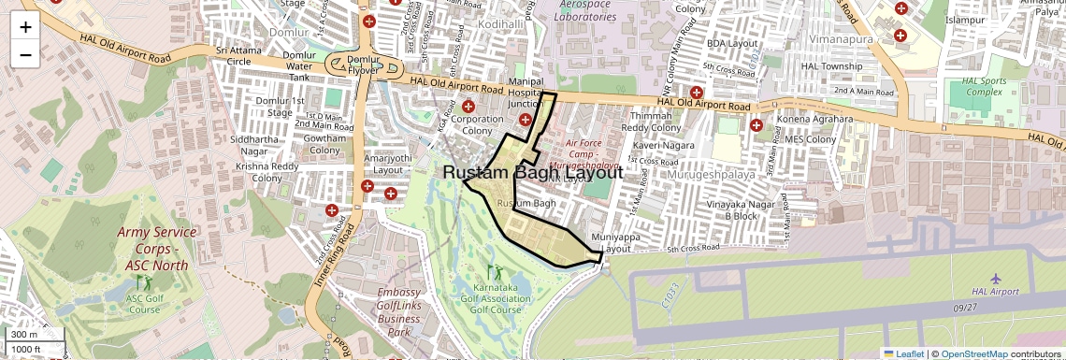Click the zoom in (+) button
click(x=25, y=26)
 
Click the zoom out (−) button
click(x=25, y=54)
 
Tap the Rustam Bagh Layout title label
click(x=532, y=173)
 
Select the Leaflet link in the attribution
click(x=903, y=353)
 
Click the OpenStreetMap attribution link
click(x=973, y=353)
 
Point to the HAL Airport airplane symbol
click(x=997, y=279)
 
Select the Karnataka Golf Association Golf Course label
click(x=496, y=297)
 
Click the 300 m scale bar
click(x=24, y=335)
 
